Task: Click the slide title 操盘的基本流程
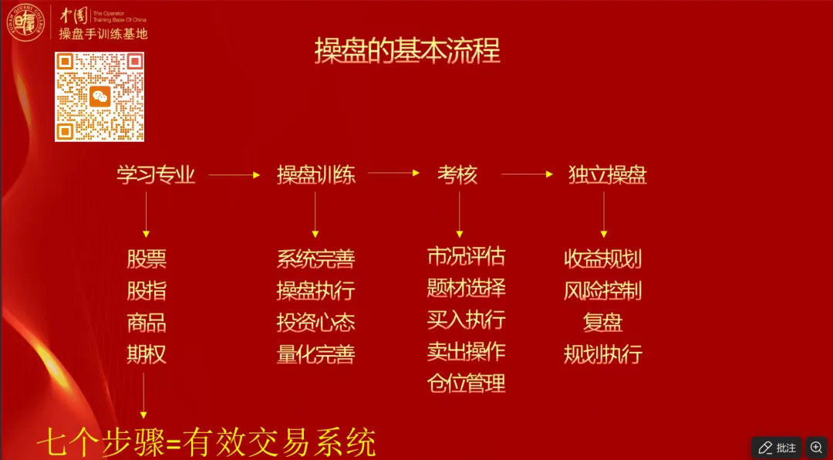point(407,51)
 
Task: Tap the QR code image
point(99,96)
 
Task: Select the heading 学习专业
point(156,175)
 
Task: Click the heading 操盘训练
point(316,175)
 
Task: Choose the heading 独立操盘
point(607,175)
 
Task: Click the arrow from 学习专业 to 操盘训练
point(234,175)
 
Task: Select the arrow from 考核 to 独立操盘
point(528,174)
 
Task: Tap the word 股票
point(147,259)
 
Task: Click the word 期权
point(147,354)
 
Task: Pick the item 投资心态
point(316,323)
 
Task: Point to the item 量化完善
point(316,354)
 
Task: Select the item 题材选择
point(466,289)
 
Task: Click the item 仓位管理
point(466,383)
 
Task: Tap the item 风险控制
point(602,291)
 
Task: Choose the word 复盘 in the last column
point(602,323)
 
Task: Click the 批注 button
point(777,448)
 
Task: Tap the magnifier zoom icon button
point(816,448)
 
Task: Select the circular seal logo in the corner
point(25,23)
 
